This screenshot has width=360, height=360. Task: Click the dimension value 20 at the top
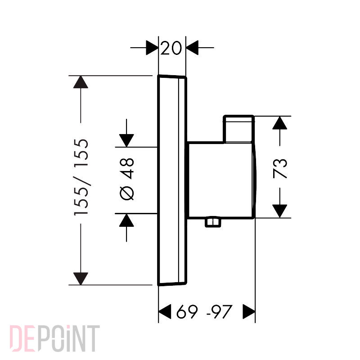coord(171,48)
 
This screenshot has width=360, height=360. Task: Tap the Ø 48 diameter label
coord(127,179)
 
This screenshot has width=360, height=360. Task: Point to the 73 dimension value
coord(280,168)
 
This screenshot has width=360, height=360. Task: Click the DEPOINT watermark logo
coord(54,338)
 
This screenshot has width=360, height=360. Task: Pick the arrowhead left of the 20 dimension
coord(152,48)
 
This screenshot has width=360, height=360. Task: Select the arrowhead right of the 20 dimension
coord(192,48)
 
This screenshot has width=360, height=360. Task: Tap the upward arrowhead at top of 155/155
coord(81,82)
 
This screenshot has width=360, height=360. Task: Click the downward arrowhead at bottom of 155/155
coord(81,279)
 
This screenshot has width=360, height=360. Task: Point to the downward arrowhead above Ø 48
coord(126,140)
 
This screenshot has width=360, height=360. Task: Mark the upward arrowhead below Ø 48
coord(126,220)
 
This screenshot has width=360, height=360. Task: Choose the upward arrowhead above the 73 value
coord(279,123)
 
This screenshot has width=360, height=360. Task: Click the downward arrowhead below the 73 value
coord(279,211)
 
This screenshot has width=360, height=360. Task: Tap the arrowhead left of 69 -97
coord(165,311)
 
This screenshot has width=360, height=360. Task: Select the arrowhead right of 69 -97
coord(249,311)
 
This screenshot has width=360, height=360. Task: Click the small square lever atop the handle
coord(239,129)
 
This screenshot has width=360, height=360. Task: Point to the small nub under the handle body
coord(213,222)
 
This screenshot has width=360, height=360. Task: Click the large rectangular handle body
coord(221,180)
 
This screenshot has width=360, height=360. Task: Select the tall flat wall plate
coord(172,180)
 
